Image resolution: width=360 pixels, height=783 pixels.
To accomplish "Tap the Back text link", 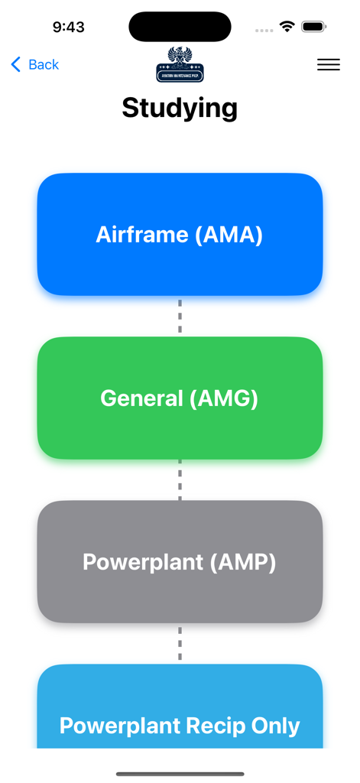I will [44, 65].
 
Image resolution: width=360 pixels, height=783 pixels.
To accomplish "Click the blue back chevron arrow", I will [16, 65].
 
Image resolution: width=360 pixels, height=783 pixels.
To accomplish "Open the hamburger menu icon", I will [328, 65].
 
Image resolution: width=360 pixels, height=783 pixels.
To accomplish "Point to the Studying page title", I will [180, 108].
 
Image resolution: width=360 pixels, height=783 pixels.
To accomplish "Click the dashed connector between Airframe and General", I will [180, 316].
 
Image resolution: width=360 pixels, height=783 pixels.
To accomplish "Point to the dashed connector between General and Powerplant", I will [180, 479].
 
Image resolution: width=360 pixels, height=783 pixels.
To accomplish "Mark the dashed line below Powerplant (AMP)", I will [180, 643].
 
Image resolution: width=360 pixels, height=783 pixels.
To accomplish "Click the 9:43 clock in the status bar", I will [68, 27].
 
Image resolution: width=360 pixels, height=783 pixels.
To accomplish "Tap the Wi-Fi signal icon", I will [287, 27].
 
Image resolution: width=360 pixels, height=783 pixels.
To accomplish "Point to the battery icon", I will [313, 27].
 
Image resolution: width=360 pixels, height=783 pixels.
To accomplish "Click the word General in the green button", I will [142, 398].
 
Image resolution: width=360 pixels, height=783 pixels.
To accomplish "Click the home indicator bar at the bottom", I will [180, 774].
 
